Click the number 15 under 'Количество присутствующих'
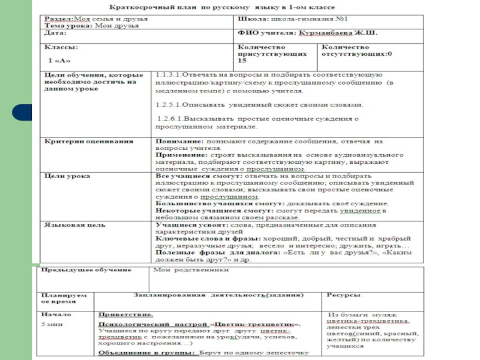(242, 61)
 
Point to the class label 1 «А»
(59, 61)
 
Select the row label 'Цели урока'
(67, 177)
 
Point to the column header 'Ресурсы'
(343, 296)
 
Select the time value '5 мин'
(50, 323)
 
